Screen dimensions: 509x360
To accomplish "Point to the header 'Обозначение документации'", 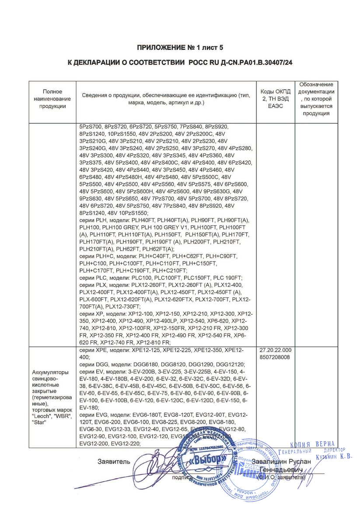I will (x=316, y=99).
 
